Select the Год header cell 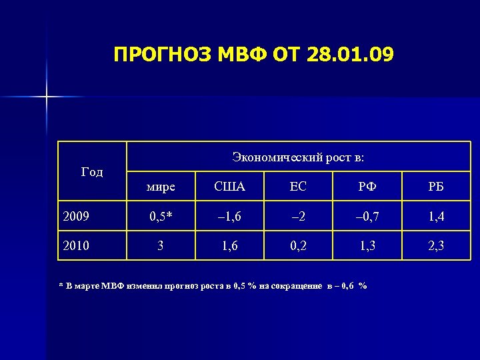(92, 172)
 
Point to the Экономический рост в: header (298, 157)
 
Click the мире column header (160, 187)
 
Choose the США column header (229, 187)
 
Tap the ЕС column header (298, 187)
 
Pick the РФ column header (367, 187)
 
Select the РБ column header (436, 187)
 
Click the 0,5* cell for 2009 (160, 216)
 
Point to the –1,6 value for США (229, 216)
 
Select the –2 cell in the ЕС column (298, 216)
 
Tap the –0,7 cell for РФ (367, 216)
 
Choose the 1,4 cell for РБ (436, 216)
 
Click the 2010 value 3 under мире (160, 246)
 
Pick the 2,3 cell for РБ (436, 246)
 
